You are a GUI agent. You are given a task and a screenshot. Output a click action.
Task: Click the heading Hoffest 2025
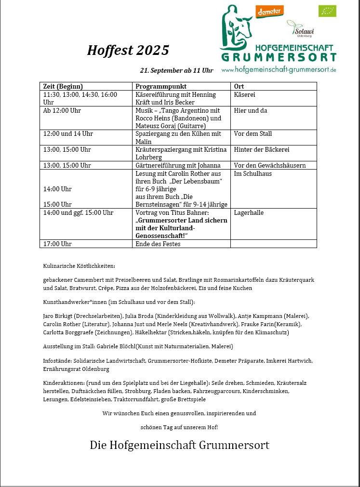point(128,50)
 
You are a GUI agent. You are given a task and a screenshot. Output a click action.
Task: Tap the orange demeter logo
point(270,12)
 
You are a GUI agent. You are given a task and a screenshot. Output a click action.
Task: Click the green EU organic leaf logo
point(327,11)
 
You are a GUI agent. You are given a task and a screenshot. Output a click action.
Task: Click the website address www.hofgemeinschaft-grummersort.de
point(279,70)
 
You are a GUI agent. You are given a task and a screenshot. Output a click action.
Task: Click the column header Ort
point(239,86)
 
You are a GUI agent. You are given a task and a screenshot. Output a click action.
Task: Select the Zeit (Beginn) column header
point(63,86)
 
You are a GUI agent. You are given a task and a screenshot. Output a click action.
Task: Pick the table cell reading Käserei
point(245,95)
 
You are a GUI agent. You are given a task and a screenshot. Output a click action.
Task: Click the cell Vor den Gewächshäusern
point(269,165)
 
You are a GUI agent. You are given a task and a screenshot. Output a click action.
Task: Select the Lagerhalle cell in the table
point(249,212)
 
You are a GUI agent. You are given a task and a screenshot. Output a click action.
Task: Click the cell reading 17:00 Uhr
point(57,244)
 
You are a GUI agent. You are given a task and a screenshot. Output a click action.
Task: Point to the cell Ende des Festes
point(158,244)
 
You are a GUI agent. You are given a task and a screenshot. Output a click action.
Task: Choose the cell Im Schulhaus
point(253,173)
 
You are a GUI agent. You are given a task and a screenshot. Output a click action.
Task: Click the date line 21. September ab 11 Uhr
point(176,70)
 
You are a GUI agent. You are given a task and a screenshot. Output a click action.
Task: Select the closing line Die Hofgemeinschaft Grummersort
point(179,445)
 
